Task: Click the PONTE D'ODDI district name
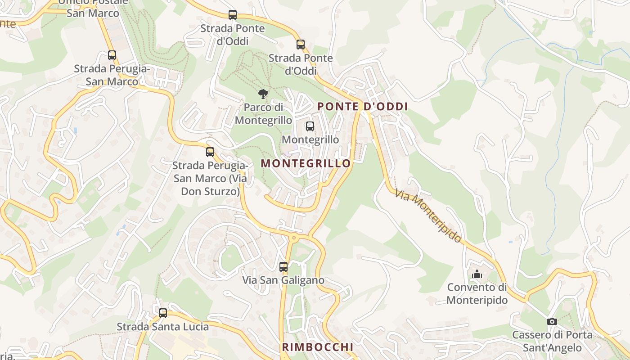click(363, 107)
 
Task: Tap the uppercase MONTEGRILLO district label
click(306, 163)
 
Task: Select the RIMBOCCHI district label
click(318, 347)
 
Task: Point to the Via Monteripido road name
click(428, 216)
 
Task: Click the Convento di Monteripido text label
click(477, 294)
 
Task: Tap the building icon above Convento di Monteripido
click(477, 274)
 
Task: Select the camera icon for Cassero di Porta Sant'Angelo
click(552, 321)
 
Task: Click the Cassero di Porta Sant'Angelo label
click(552, 342)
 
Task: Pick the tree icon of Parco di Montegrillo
click(263, 94)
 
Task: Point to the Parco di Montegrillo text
click(263, 114)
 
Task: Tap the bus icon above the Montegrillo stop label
click(310, 126)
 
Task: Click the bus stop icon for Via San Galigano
click(283, 267)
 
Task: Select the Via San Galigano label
click(283, 280)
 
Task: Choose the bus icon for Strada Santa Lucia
click(163, 313)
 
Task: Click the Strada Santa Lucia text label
click(163, 327)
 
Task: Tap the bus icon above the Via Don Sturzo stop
click(210, 152)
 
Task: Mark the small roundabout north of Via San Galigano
click(294, 237)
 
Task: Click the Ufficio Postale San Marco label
click(93, 8)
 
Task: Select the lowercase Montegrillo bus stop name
click(310, 139)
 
